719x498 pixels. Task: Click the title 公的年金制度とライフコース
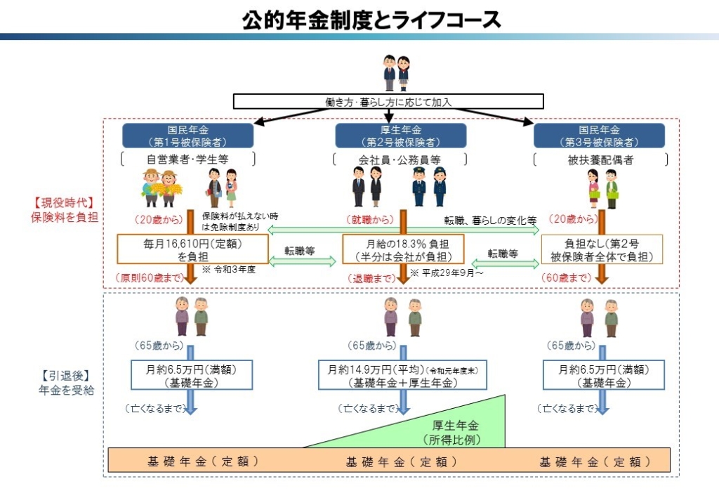(x=372, y=20)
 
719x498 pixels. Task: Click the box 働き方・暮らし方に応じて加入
(x=388, y=102)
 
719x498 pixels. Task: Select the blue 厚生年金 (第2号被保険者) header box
(x=400, y=136)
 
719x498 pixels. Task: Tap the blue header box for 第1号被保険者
(x=187, y=136)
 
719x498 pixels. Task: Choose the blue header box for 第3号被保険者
(x=599, y=136)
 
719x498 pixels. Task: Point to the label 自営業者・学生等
(x=187, y=159)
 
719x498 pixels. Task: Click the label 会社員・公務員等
(x=401, y=159)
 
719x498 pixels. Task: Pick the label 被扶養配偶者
(x=600, y=159)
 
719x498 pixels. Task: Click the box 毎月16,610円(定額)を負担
(x=193, y=249)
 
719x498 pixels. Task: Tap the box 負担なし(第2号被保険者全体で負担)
(x=602, y=249)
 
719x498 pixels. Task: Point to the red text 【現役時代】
(x=65, y=203)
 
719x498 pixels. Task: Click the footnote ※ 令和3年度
(x=227, y=270)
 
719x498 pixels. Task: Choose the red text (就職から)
(x=369, y=220)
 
